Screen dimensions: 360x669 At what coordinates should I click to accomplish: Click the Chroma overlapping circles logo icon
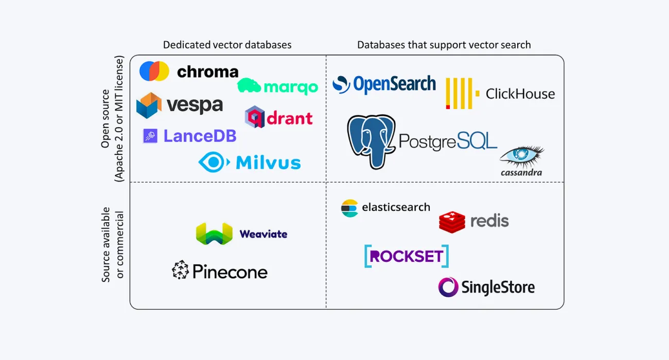click(154, 71)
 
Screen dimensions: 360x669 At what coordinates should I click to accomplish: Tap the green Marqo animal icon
click(249, 85)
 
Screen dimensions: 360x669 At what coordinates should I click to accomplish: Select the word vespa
click(195, 105)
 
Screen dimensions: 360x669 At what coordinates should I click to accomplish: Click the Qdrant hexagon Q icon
click(254, 117)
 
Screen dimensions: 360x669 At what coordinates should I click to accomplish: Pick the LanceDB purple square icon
click(150, 136)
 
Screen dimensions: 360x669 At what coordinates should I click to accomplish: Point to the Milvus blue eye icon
click(214, 162)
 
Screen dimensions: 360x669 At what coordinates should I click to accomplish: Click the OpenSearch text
click(394, 84)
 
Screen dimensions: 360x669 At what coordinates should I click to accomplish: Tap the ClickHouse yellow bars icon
click(462, 93)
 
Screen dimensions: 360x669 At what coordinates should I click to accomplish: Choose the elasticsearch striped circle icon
click(349, 208)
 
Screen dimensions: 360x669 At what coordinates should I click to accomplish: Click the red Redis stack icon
click(452, 222)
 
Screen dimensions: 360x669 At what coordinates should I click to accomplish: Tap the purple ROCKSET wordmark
click(407, 256)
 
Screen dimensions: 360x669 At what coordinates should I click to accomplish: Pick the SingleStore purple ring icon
click(448, 287)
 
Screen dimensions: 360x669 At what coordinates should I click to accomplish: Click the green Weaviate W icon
click(214, 234)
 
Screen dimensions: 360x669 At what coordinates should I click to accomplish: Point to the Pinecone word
click(230, 271)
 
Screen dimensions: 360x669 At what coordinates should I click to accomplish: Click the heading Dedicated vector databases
click(227, 45)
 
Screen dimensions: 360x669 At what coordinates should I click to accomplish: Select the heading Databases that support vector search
click(444, 45)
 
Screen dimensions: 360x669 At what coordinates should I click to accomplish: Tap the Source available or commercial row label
click(113, 245)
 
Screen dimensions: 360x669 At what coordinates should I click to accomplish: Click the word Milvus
click(268, 163)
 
